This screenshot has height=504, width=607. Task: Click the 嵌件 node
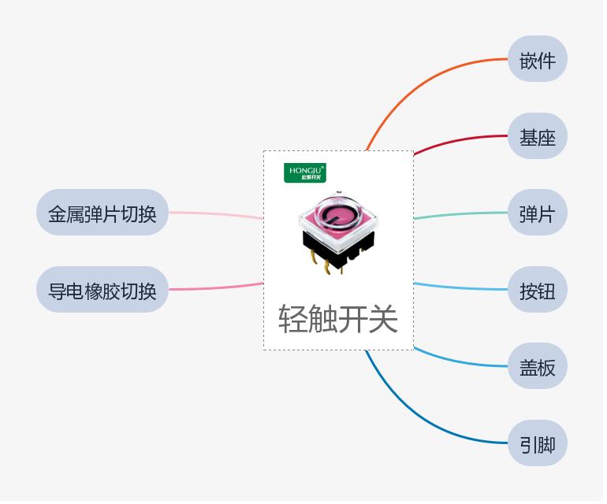pos(537,59)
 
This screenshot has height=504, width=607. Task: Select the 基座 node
pos(537,137)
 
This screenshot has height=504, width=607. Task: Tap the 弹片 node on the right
pos(537,213)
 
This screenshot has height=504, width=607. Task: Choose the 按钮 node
pos(537,291)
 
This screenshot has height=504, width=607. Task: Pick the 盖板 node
pos(537,367)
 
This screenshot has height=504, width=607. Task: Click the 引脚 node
pos(537,444)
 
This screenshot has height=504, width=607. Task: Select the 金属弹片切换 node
pos(102,213)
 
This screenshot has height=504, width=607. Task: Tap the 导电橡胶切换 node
pos(102,291)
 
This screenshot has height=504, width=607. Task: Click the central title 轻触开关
pos(338,319)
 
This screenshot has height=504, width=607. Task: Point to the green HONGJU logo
pos(304,172)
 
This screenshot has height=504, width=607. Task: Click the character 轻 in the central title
pos(293,319)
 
